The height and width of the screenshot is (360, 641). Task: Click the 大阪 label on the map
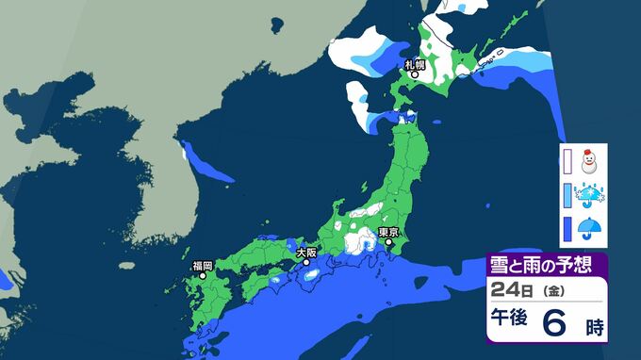(305, 253)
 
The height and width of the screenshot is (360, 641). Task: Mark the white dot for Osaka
(305, 262)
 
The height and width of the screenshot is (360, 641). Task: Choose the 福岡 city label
(202, 266)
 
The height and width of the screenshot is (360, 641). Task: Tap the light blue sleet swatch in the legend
(567, 196)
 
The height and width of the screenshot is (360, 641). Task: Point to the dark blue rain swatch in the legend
(567, 229)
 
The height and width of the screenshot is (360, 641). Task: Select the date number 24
(501, 290)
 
